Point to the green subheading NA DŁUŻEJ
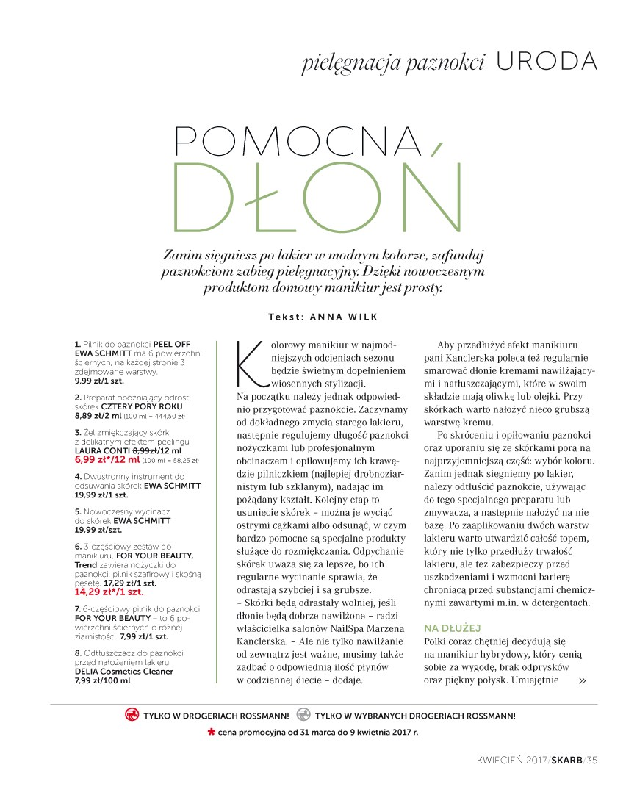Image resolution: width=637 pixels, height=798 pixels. pyautogui.click(x=452, y=628)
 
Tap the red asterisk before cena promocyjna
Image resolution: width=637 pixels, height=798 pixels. pyautogui.click(x=211, y=732)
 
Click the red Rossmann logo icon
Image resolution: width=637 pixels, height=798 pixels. pyautogui.click(x=132, y=714)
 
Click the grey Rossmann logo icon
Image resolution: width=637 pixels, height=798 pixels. pyautogui.click(x=303, y=714)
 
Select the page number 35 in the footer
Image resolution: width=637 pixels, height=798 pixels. pyautogui.click(x=592, y=760)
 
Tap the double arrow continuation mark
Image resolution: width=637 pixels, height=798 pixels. pyautogui.click(x=583, y=680)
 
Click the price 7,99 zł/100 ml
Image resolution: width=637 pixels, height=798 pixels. pyautogui.click(x=102, y=680)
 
